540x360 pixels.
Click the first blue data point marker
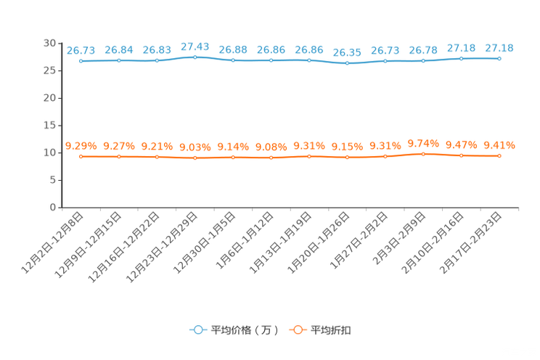click(x=81, y=61)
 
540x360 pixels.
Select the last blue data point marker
click(x=499, y=58)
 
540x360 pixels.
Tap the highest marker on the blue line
click(x=195, y=57)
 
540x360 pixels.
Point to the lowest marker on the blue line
click(x=348, y=63)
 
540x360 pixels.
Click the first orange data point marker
click(x=81, y=157)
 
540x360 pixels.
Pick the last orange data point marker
click(x=499, y=155)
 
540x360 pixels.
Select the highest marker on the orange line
click(x=424, y=154)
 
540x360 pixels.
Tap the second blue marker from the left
click(x=119, y=60)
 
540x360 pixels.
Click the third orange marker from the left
click(x=157, y=157)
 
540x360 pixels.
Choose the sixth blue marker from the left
click(x=271, y=60)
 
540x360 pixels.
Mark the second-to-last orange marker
click(x=462, y=155)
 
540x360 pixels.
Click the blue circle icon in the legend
click(x=197, y=330)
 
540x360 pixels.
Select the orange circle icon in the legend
click(x=297, y=330)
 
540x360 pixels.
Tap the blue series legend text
click(x=244, y=330)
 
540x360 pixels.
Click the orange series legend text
click(x=331, y=330)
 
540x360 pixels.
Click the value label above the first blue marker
click(x=81, y=50)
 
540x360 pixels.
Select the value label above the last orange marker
click(x=499, y=144)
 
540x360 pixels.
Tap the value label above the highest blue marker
click(x=195, y=46)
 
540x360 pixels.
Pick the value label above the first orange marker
click(x=81, y=146)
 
